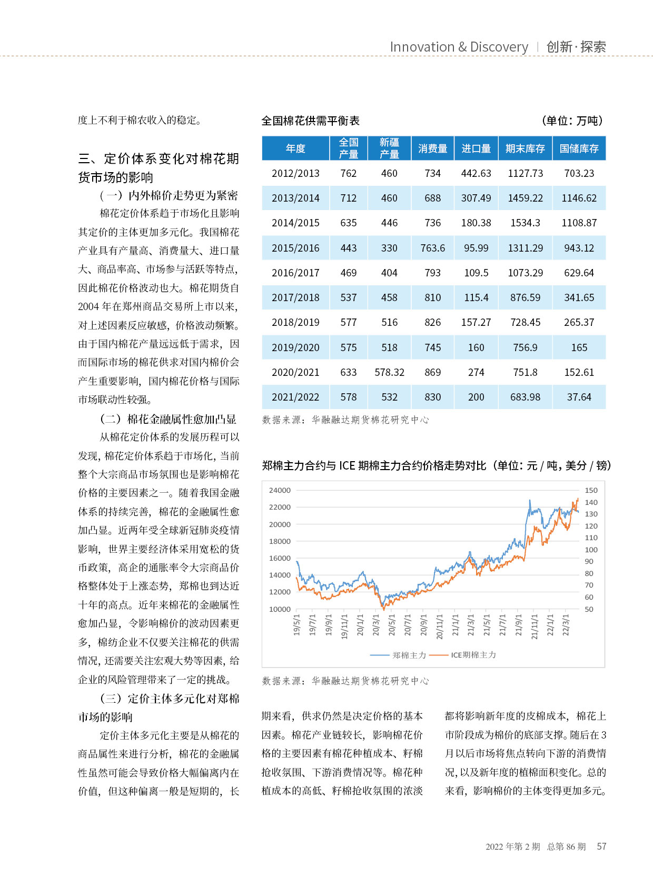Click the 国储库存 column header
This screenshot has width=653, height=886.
click(x=579, y=148)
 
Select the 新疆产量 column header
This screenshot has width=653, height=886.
click(x=389, y=148)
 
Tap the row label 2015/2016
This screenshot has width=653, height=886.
click(x=295, y=248)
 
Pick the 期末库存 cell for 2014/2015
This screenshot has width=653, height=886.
click(x=525, y=223)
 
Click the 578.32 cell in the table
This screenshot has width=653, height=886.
click(x=389, y=372)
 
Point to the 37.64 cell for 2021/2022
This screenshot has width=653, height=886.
click(x=579, y=397)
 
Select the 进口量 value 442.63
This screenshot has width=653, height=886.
click(x=476, y=173)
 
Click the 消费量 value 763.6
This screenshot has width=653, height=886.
click(x=432, y=248)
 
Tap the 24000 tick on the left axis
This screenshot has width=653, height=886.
click(x=280, y=490)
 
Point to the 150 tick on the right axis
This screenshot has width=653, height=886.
click(x=591, y=490)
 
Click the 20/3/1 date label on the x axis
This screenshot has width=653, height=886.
click(x=375, y=625)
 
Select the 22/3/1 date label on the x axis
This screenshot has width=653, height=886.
click(x=566, y=625)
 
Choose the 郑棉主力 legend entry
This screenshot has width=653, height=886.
click(x=398, y=655)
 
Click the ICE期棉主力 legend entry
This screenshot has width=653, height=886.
click(x=463, y=655)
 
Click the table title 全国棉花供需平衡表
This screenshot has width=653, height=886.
click(x=311, y=121)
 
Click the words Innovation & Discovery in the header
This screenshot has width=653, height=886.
click(x=459, y=47)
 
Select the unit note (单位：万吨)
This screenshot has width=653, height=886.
click(x=572, y=121)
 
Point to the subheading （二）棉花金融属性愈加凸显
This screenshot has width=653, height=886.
click(x=168, y=419)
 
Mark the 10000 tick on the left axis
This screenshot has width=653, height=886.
click(x=280, y=609)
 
